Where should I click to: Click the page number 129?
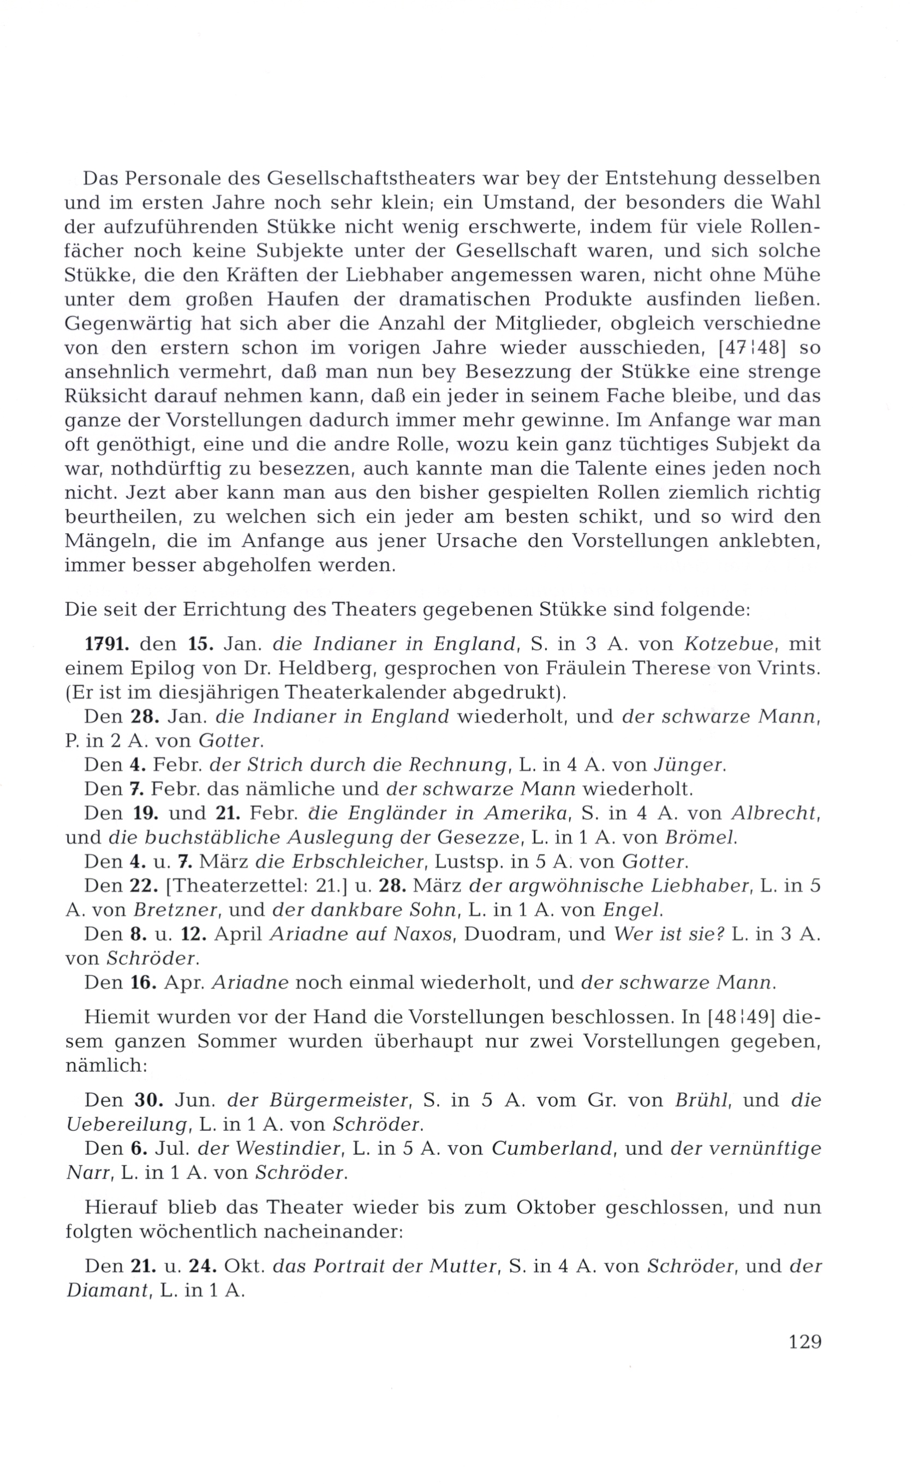click(805, 1343)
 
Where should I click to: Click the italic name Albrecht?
click(774, 813)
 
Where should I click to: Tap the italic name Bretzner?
click(171, 910)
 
